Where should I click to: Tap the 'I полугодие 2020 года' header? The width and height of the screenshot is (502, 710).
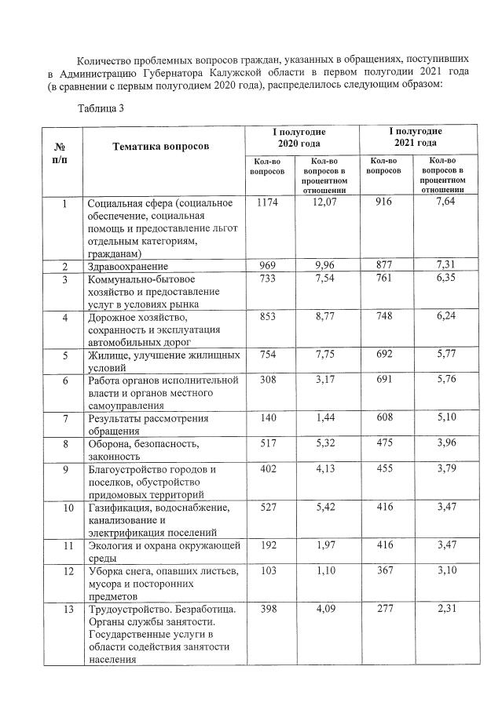click(302, 138)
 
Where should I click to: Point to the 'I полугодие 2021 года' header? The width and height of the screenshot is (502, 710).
click(415, 138)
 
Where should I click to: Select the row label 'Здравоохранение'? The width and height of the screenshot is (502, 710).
click(125, 267)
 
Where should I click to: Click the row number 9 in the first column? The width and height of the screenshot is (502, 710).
click(64, 470)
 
